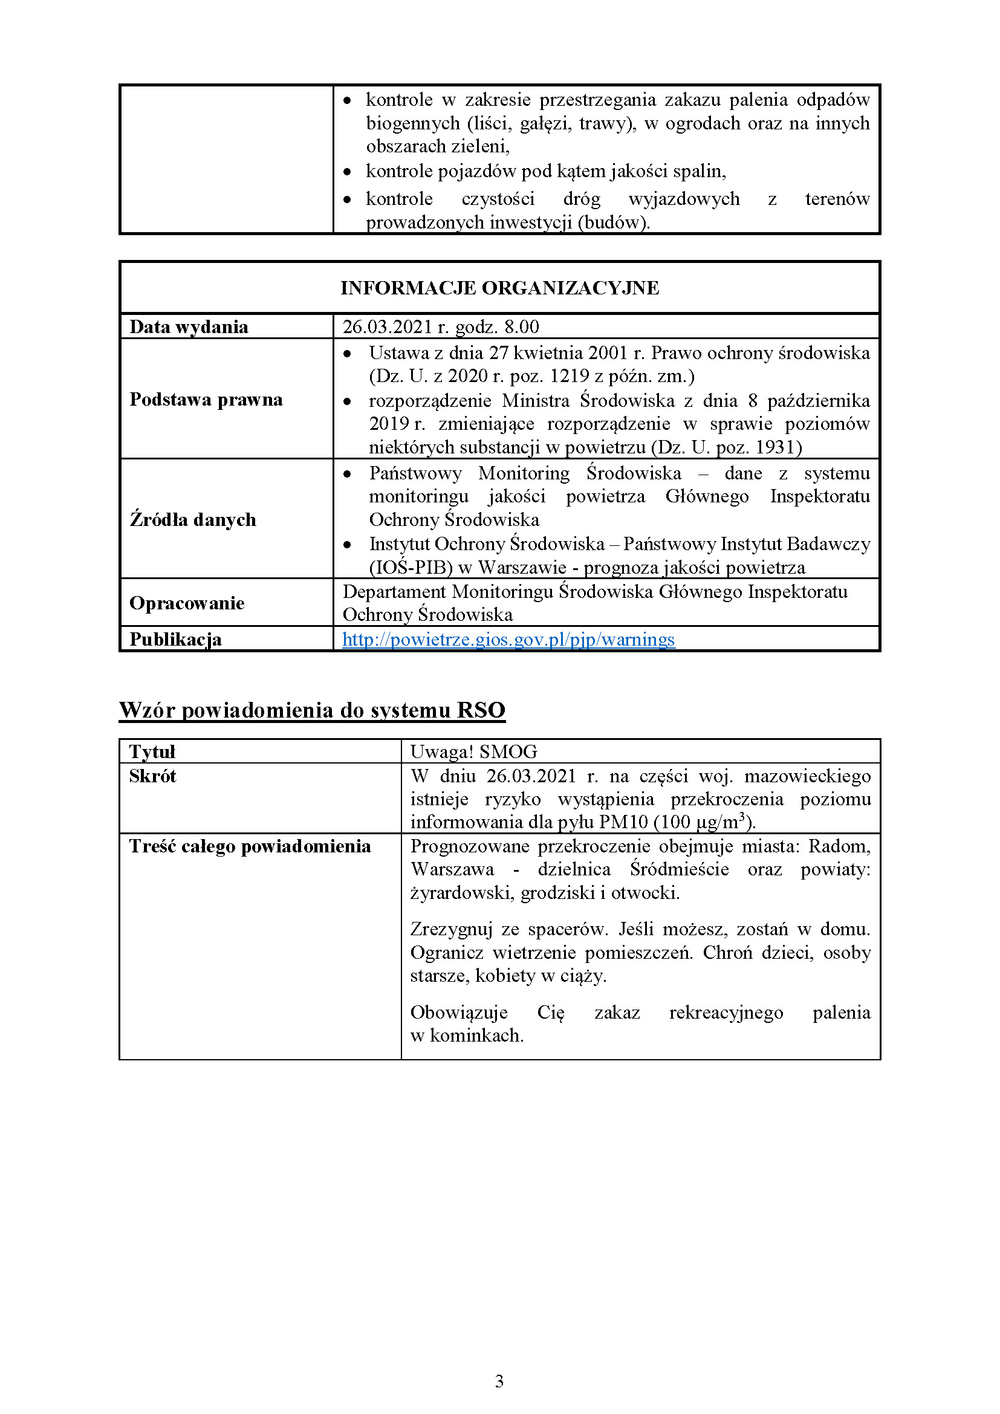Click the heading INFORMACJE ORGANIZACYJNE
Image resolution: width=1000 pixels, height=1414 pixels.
pyautogui.click(x=499, y=288)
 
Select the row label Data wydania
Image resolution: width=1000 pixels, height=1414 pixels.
pyautogui.click(x=189, y=326)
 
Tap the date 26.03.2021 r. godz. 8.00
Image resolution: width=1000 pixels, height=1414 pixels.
pyautogui.click(x=440, y=326)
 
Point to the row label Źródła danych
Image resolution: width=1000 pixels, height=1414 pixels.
pyautogui.click(x=192, y=519)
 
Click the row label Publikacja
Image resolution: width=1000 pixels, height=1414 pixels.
pyautogui.click(x=175, y=639)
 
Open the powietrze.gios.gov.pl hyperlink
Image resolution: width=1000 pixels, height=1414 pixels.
pyautogui.click(x=508, y=639)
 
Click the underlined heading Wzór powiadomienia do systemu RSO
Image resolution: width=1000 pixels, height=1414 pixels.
pyautogui.click(x=311, y=710)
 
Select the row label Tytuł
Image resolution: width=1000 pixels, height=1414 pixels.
pyautogui.click(x=152, y=751)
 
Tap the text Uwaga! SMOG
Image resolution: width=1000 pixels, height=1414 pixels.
pyautogui.click(x=473, y=751)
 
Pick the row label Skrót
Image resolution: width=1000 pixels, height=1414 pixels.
pyautogui.click(x=152, y=776)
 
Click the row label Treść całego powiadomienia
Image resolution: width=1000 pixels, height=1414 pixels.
pyautogui.click(x=249, y=846)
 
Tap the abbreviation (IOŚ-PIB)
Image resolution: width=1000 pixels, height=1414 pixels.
pyautogui.click(x=411, y=567)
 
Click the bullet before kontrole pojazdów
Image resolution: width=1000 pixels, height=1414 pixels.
pyautogui.click(x=347, y=172)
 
